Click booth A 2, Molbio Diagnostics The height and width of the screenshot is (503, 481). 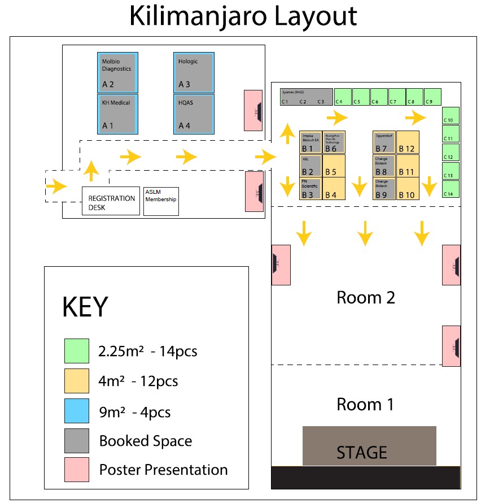(117, 72)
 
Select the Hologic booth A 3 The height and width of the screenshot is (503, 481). (194, 72)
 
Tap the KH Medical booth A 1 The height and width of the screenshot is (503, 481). (117, 114)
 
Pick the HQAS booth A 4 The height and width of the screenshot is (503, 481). (194, 114)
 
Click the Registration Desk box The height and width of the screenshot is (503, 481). (111, 201)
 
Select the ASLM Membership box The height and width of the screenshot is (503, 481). (161, 201)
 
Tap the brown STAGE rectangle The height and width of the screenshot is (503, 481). (369, 446)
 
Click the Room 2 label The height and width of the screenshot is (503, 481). (365, 297)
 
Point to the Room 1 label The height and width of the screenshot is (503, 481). (365, 404)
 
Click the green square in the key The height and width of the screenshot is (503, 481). (76, 351)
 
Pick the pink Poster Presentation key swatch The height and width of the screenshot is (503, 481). (76, 470)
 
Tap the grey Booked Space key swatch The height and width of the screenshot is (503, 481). (76, 441)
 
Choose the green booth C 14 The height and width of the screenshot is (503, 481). (451, 189)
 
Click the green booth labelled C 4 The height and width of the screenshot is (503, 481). (342, 97)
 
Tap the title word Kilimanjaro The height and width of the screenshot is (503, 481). (197, 16)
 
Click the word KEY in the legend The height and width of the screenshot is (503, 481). (85, 307)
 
